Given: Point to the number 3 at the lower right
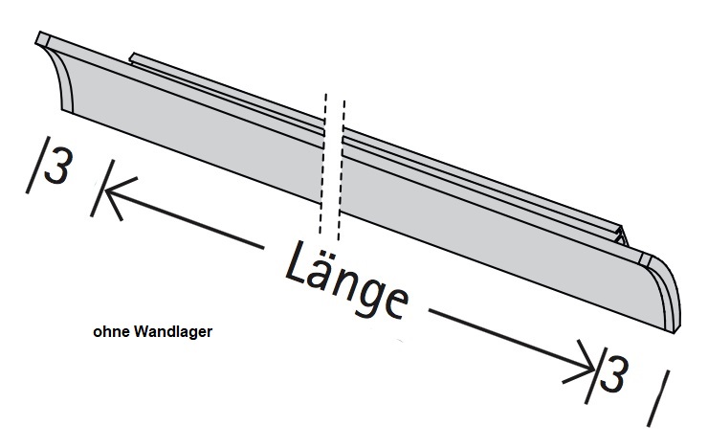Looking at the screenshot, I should coord(616,376).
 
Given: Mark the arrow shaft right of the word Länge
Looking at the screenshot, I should coord(507,336).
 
